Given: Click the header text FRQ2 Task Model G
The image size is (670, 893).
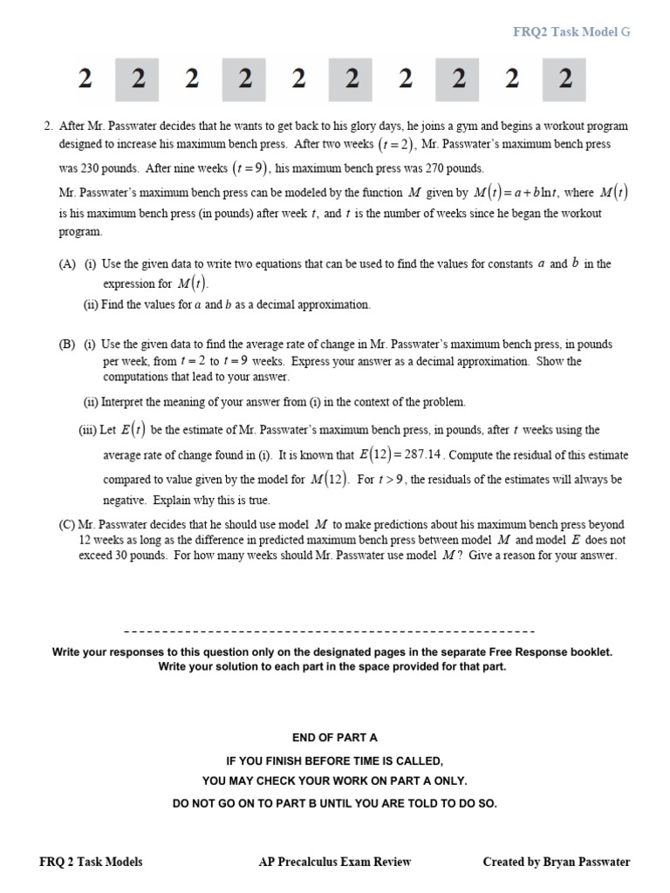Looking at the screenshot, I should pos(571,32).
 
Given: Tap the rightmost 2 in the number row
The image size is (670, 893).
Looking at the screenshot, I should pos(565,79).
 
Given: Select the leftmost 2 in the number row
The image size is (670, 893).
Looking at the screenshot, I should pos(84,79).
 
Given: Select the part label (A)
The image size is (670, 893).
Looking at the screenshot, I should pos(67,264).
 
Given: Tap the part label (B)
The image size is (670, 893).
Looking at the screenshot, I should pos(67,344).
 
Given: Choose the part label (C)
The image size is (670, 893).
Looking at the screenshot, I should pos(65,525).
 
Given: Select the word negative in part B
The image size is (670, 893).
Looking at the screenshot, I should pos(125,501).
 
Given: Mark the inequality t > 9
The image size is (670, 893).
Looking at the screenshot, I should pos(391,480).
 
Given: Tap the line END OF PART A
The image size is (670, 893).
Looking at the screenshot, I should pos(335,738).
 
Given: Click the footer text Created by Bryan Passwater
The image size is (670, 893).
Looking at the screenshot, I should pos(556,862).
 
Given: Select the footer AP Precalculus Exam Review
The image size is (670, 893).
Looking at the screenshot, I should pos(335,862).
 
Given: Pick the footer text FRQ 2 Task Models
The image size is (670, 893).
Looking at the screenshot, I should pos(92,862).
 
